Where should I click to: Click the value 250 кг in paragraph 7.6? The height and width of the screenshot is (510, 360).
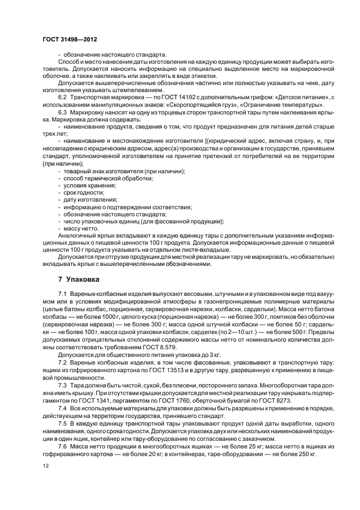304,453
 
